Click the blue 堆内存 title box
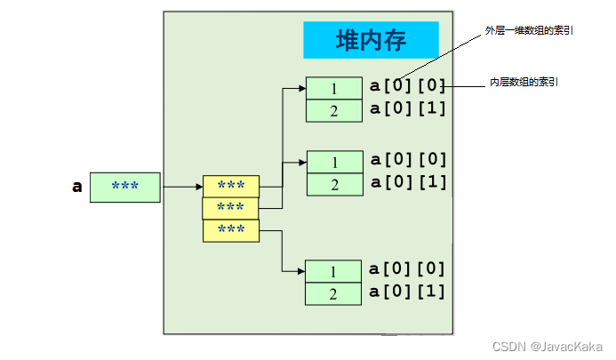click(x=371, y=40)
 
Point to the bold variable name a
click(x=77, y=187)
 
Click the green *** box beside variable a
click(x=125, y=187)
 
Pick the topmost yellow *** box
click(x=231, y=186)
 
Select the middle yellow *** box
click(x=231, y=208)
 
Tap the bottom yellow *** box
click(x=231, y=230)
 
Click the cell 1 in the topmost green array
click(x=334, y=88)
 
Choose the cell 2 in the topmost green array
click(x=334, y=110)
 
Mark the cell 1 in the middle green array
click(x=334, y=162)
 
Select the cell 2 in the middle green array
click(x=334, y=184)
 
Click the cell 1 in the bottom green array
click(x=333, y=271)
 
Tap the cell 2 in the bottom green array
click(x=333, y=293)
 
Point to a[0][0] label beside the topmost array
click(x=407, y=86)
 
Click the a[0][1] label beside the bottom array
click(x=407, y=291)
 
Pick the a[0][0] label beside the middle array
click(x=407, y=160)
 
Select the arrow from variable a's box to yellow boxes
click(x=181, y=187)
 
